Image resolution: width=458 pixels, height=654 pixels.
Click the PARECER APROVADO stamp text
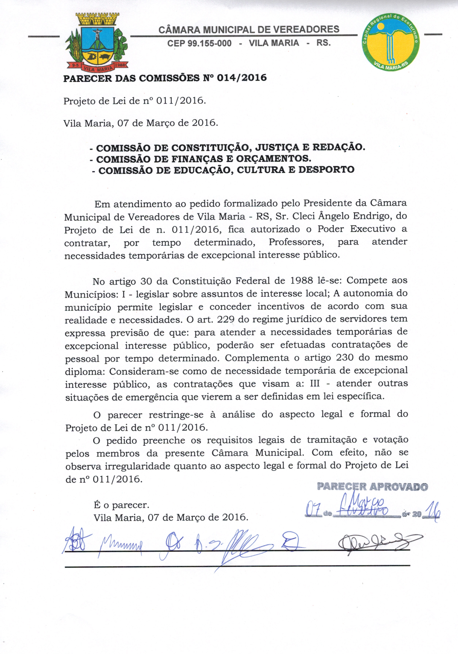(x=372, y=487)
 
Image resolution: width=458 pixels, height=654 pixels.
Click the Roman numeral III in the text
(x=314, y=383)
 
